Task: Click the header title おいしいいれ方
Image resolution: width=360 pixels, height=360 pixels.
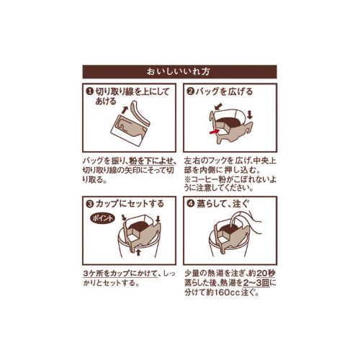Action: point(179,71)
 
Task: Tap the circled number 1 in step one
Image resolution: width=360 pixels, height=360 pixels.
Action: point(89,91)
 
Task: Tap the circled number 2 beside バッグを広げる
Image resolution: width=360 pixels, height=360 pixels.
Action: point(190,91)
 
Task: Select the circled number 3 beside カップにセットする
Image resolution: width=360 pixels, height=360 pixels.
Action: point(89,204)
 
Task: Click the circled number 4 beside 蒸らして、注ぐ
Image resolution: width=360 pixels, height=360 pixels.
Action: point(190,204)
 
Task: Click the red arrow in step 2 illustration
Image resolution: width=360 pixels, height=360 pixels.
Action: point(215,131)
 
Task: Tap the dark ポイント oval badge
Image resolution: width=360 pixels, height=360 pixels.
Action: point(102,218)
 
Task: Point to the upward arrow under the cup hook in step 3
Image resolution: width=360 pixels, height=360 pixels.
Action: point(138,253)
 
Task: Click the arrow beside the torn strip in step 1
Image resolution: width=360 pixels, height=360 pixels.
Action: point(125,110)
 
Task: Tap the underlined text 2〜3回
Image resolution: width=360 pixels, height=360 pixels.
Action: point(256,283)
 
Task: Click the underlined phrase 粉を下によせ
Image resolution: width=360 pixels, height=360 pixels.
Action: point(150,161)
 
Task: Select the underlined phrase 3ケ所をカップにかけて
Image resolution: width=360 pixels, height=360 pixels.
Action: point(120,274)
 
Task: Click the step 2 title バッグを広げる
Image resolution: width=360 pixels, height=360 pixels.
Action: point(224,91)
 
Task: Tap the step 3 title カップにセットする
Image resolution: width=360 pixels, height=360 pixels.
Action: point(130,204)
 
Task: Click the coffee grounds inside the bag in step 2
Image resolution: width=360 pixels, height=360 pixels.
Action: point(229,122)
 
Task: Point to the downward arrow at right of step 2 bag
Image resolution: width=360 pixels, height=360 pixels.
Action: point(250,114)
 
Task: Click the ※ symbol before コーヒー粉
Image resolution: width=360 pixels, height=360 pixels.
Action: point(187,180)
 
